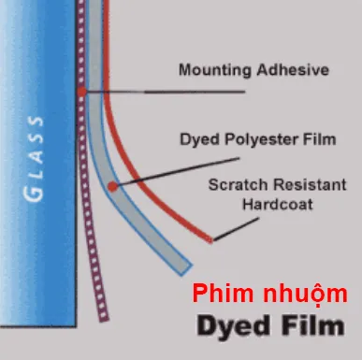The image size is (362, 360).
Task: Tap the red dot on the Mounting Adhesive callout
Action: point(83,92)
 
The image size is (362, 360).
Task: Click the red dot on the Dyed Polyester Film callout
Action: point(113,186)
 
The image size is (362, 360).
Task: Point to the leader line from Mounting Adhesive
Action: point(168,92)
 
